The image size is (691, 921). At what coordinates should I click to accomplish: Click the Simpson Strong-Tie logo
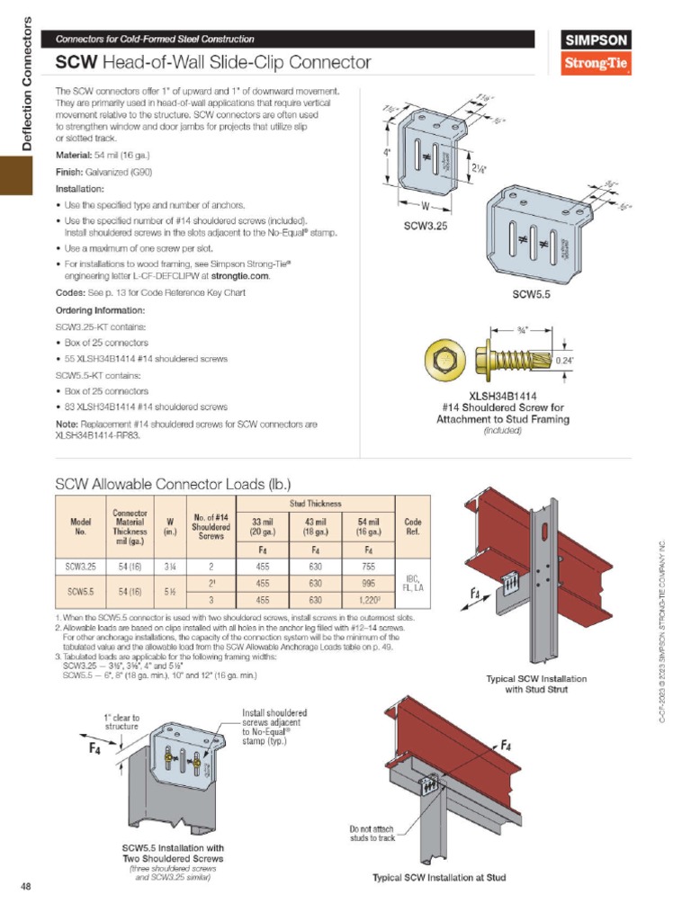coord(596,53)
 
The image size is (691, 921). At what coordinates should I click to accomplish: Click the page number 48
coord(26,888)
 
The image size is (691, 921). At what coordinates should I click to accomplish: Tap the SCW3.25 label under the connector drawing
coord(426,227)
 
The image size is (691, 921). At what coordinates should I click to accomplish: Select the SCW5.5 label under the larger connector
coord(531,293)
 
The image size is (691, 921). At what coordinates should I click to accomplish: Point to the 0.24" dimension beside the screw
coord(564,361)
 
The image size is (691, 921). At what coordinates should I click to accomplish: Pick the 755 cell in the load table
coord(369,567)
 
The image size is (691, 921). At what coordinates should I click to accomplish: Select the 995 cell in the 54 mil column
coord(369,583)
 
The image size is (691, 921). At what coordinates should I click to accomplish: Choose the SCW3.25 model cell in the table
coord(81,567)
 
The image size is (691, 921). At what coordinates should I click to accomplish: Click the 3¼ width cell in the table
coord(169,567)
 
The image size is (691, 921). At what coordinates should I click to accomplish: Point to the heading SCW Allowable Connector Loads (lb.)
coord(173,483)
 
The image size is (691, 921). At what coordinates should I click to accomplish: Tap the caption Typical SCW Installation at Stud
coord(439,878)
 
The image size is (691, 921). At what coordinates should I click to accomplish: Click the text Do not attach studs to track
coord(372,833)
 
